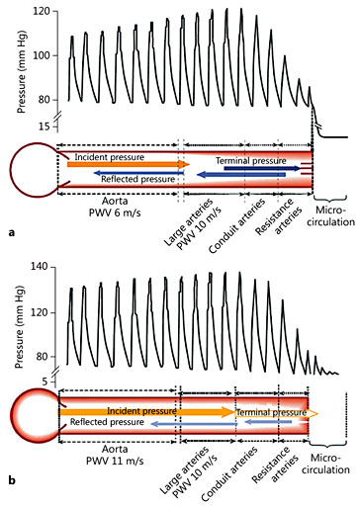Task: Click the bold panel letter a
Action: click(x=10, y=233)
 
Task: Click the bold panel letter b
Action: click(x=10, y=479)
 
